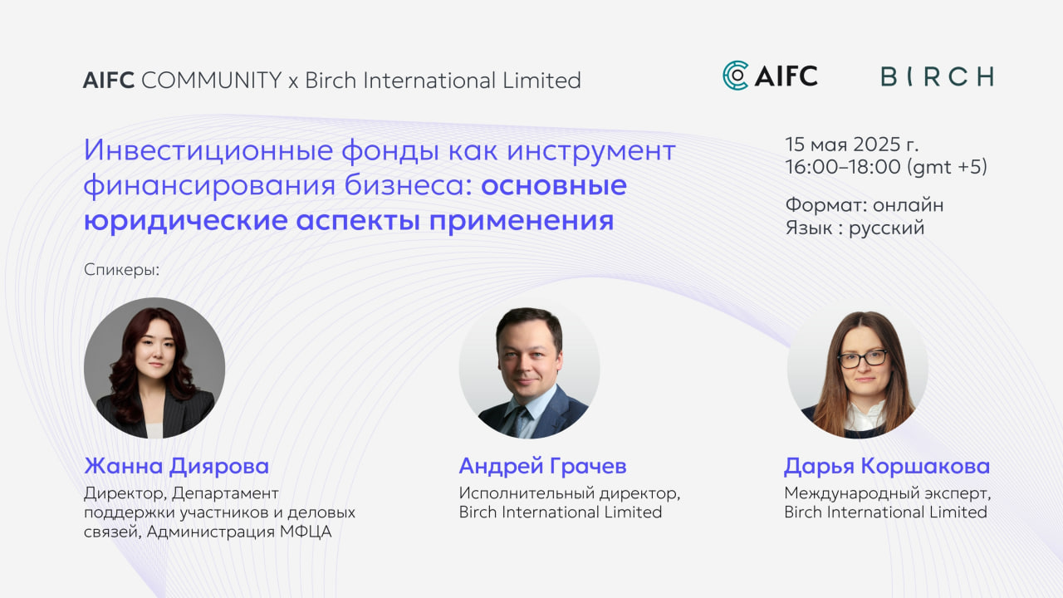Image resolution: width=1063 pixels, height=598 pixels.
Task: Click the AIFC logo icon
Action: tap(736, 76)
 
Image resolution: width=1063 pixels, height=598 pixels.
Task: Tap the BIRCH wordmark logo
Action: tap(937, 77)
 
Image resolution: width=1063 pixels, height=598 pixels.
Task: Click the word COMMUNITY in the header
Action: tap(212, 81)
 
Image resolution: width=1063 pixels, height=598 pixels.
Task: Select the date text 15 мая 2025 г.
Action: tap(852, 145)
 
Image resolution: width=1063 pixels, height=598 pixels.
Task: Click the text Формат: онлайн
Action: tap(865, 204)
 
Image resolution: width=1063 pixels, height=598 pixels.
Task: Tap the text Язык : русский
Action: tap(855, 228)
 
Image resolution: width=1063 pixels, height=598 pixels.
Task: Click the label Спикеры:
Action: tap(121, 270)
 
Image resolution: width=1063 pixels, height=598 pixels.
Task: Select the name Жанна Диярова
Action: tap(176, 466)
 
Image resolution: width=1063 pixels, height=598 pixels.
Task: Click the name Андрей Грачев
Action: tap(542, 466)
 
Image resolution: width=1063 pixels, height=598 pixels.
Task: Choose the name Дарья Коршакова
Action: tap(887, 466)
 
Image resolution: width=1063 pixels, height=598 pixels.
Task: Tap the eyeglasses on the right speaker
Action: tap(862, 358)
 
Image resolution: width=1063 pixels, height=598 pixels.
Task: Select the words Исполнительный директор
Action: tap(569, 493)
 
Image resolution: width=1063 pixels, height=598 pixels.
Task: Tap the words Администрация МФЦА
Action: tap(239, 532)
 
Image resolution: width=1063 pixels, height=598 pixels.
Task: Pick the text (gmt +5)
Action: tap(948, 167)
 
